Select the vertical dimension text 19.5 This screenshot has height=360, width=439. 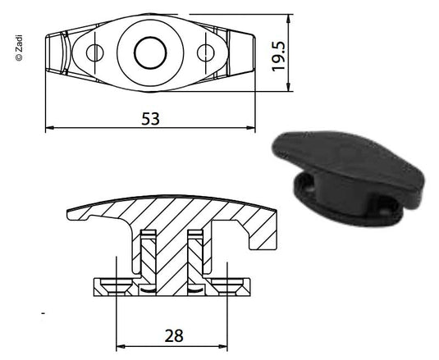[281, 55]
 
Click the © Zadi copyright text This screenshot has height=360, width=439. [19, 48]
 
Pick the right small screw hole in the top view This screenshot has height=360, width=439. [205, 53]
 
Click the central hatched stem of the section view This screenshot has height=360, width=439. [171, 254]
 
